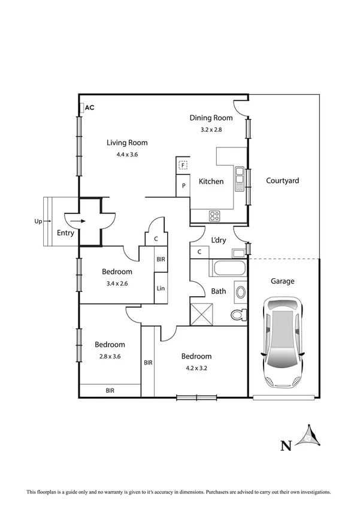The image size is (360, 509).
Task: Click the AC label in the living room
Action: click(90, 108)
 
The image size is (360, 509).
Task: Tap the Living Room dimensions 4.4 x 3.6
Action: click(127, 154)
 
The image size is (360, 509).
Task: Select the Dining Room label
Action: click(210, 118)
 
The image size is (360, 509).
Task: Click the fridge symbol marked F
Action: click(183, 164)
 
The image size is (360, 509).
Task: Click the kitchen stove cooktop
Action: click(214, 216)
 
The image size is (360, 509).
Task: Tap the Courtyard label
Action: click(282, 180)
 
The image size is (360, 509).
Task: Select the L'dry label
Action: click(219, 240)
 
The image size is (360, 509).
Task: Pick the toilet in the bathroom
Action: click(238, 315)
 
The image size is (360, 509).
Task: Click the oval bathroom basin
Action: click(241, 293)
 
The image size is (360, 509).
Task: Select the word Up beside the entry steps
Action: click(38, 221)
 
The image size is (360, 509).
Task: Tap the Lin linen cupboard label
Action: click(161, 288)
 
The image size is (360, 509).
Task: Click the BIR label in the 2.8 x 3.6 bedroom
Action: click(110, 390)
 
